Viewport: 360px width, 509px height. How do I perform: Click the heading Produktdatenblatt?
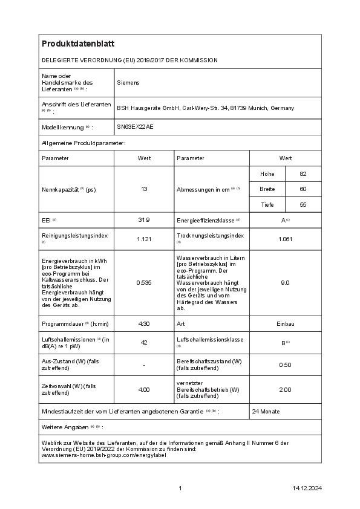pyautogui.click(x=78, y=44)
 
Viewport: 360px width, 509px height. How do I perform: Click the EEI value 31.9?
pyautogui.click(x=144, y=219)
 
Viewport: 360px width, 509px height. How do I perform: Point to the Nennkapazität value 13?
pyautogui.click(x=144, y=189)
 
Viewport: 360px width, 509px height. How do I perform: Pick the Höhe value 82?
pyautogui.click(x=303, y=174)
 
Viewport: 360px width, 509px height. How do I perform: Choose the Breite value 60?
pyautogui.click(x=303, y=189)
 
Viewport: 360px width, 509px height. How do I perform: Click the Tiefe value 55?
pyautogui.click(x=303, y=205)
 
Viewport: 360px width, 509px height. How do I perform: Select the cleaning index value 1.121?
pyautogui.click(x=144, y=239)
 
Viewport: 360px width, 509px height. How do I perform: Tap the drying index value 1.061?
pyautogui.click(x=286, y=239)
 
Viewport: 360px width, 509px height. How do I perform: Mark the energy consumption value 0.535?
pyautogui.click(x=144, y=282)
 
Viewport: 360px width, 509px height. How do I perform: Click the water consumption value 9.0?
pyautogui.click(x=286, y=282)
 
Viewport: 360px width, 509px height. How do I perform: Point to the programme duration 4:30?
pyautogui.click(x=144, y=324)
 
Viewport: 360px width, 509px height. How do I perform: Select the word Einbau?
pyautogui.click(x=286, y=324)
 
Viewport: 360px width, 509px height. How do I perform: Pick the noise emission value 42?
pyautogui.click(x=144, y=342)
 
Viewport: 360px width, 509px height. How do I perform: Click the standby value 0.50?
pyautogui.click(x=286, y=365)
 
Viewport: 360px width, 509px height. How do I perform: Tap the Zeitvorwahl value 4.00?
pyautogui.click(x=144, y=389)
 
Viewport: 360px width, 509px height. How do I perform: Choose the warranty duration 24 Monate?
pyautogui.click(x=266, y=411)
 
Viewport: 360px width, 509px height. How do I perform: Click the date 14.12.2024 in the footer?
pyautogui.click(x=307, y=488)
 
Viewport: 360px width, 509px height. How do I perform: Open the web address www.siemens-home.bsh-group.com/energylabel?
pyautogui.click(x=103, y=455)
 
